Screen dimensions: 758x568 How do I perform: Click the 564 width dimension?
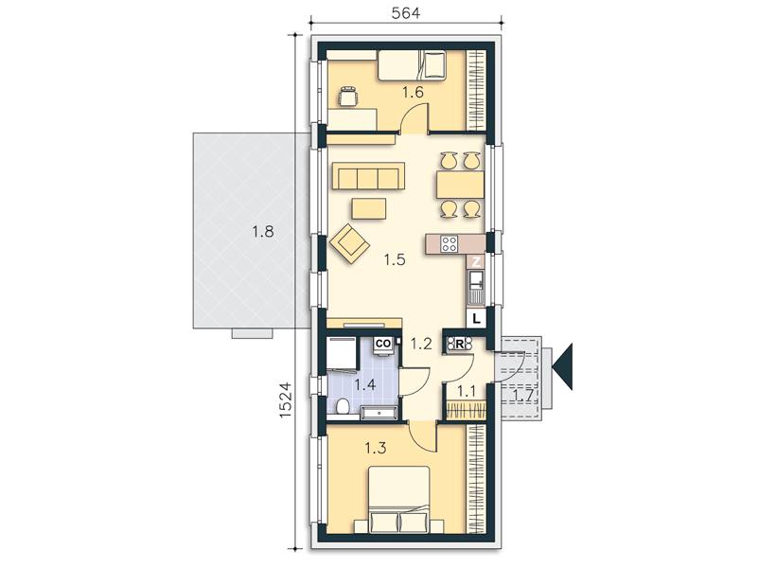point(405,13)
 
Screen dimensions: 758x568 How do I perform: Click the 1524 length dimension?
point(285,400)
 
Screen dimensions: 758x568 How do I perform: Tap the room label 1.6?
point(413,92)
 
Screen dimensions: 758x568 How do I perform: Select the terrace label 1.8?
point(262,232)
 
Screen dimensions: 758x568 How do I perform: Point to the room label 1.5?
point(395,259)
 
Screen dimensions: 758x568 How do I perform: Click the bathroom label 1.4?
point(365,385)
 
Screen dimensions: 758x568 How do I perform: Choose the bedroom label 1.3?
point(375,448)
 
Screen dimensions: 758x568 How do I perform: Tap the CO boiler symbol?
point(383,344)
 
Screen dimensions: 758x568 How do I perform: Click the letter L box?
point(477,319)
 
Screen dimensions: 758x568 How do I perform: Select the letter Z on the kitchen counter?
point(476,262)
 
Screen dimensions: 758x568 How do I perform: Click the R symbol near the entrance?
point(460,345)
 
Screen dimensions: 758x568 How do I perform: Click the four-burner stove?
point(450,243)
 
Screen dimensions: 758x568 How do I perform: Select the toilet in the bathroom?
point(343,406)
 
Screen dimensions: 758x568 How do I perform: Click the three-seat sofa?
point(368,177)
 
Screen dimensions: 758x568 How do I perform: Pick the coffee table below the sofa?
point(369,209)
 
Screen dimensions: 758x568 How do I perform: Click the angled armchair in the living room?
point(349,243)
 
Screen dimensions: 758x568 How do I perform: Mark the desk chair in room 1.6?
point(347,96)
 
